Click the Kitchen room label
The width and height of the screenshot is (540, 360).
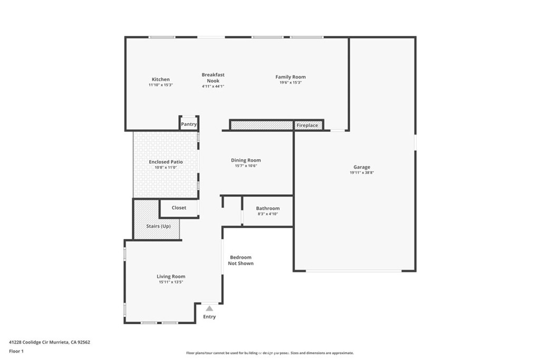coord(161,80)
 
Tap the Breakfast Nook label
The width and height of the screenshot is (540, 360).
coord(213,78)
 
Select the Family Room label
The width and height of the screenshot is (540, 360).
coord(291,77)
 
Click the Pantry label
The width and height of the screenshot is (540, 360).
coord(189,124)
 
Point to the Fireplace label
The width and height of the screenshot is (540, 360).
coord(307,125)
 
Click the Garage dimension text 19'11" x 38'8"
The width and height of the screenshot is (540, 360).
coord(362,173)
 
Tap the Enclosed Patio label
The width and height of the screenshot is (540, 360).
coord(166,162)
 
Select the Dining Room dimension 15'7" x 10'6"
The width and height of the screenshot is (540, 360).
coord(246,166)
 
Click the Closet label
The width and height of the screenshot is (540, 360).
coord(179,208)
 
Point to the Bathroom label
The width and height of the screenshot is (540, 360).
coord(267,208)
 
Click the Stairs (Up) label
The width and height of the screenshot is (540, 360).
coord(158,226)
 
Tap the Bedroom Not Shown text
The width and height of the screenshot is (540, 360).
coord(240,260)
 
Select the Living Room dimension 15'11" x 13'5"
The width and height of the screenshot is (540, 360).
coord(171,282)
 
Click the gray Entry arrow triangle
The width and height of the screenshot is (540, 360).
coord(209,308)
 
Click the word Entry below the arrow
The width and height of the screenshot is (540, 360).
coord(209,317)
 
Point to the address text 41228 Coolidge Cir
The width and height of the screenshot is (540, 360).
coord(29,342)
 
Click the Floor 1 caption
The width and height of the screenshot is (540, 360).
coord(16,352)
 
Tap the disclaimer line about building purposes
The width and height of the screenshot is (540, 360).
coord(270,353)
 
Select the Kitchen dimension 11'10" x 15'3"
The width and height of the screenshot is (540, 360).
coord(161,85)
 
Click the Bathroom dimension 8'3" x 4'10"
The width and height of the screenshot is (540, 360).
coord(268,214)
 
